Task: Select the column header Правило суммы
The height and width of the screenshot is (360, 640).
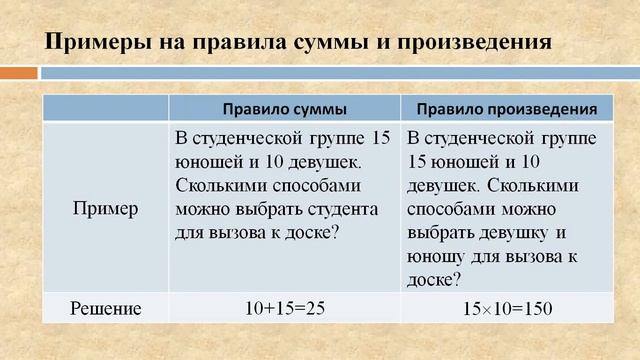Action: coord(285,108)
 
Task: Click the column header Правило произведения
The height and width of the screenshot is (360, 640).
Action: coord(508,108)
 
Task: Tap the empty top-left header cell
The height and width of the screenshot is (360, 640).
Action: coord(106,108)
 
